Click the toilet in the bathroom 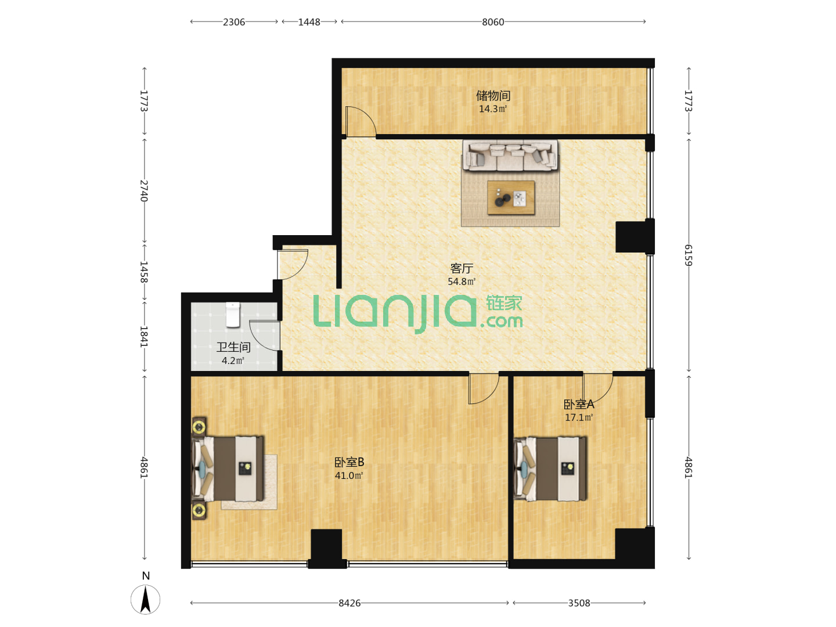[233, 315]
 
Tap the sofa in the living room [510, 156]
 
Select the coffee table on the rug [511, 198]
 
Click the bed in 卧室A [550, 469]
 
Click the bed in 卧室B [228, 469]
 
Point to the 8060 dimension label [493, 22]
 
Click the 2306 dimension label [234, 22]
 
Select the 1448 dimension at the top [309, 22]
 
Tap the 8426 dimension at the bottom [349, 603]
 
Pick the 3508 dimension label [579, 603]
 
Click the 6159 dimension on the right [688, 255]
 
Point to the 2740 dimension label [144, 190]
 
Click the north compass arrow [146, 600]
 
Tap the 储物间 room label [493, 95]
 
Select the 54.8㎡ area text [461, 282]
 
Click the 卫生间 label [233, 347]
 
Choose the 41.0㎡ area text [349, 475]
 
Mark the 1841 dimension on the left [144, 337]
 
